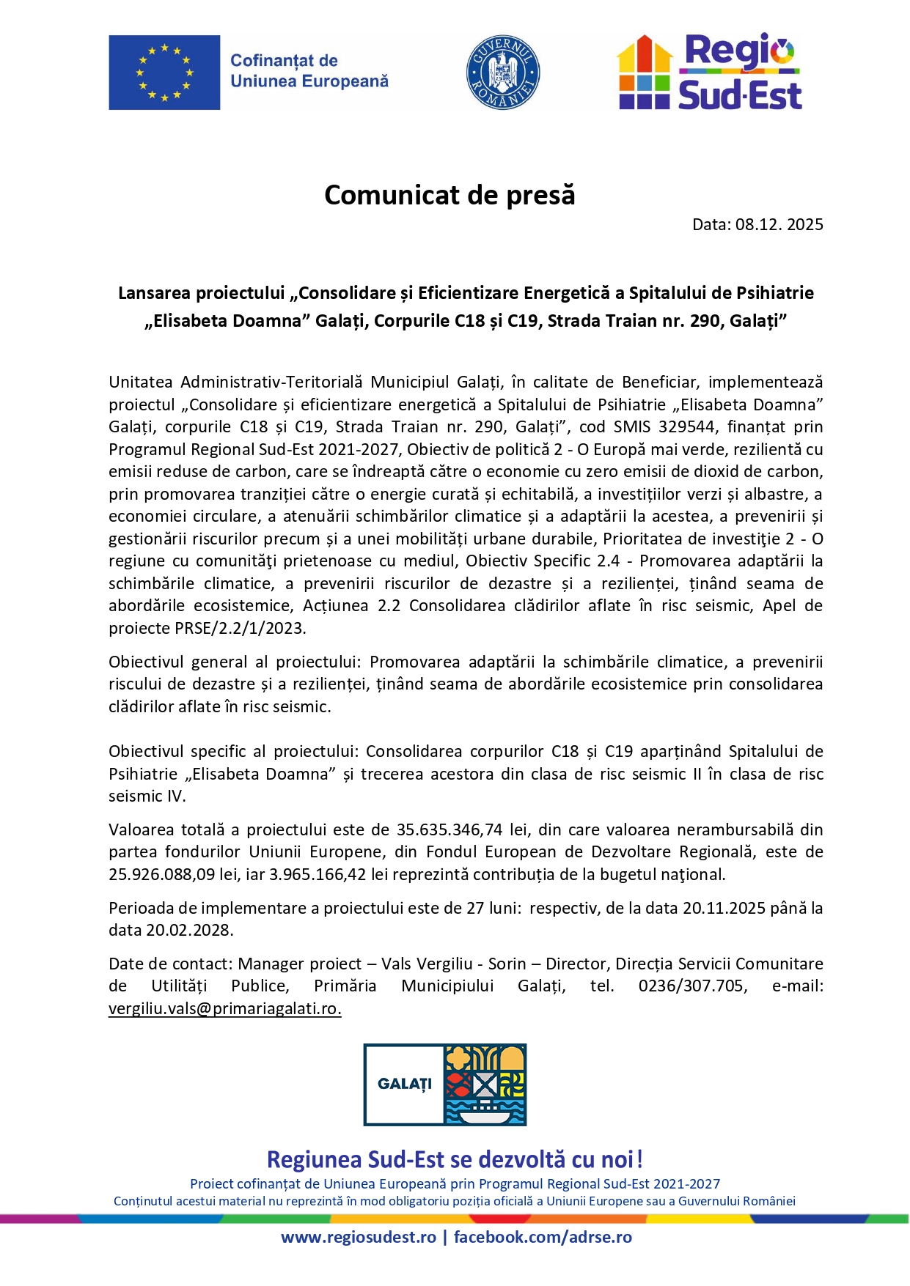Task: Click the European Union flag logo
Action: tap(164, 73)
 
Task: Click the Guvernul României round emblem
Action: tap(503, 73)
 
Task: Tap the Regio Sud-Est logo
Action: tap(709, 72)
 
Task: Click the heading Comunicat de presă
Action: tap(450, 195)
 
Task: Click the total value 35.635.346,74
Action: tap(450, 829)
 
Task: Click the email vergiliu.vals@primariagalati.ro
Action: tap(224, 1008)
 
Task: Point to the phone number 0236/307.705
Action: tap(693, 986)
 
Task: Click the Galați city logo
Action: tap(445, 1084)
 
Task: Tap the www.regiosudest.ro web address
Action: tap(359, 1238)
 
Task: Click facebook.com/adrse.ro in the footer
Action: tap(543, 1238)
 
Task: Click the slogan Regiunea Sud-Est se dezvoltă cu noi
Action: tap(455, 1160)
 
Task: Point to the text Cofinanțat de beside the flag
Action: tap(285, 61)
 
